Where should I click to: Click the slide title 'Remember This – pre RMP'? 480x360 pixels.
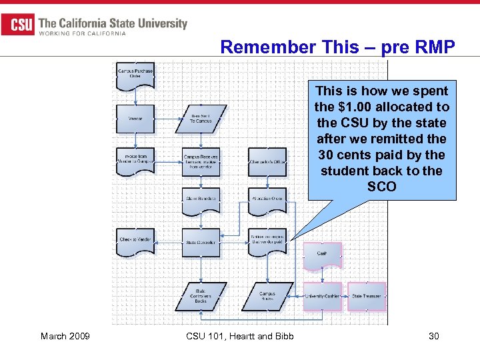pyautogui.click(x=337, y=47)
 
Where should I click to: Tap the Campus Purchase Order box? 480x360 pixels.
pyautogui.click(x=135, y=74)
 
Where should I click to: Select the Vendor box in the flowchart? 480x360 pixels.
pyautogui.click(x=135, y=119)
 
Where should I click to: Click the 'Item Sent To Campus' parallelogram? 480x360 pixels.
pyautogui.click(x=201, y=119)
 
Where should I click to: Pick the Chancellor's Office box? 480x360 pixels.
pyautogui.click(x=267, y=162)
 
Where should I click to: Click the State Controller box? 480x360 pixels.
pyautogui.click(x=201, y=242)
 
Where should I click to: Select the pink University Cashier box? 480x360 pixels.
pyautogui.click(x=322, y=296)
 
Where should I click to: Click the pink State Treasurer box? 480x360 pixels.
pyautogui.click(x=367, y=296)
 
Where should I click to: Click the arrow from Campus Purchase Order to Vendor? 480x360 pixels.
pyautogui.click(x=135, y=96)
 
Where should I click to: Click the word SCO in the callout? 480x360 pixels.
pyautogui.click(x=381, y=187)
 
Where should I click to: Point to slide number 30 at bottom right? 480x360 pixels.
pyautogui.click(x=433, y=336)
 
